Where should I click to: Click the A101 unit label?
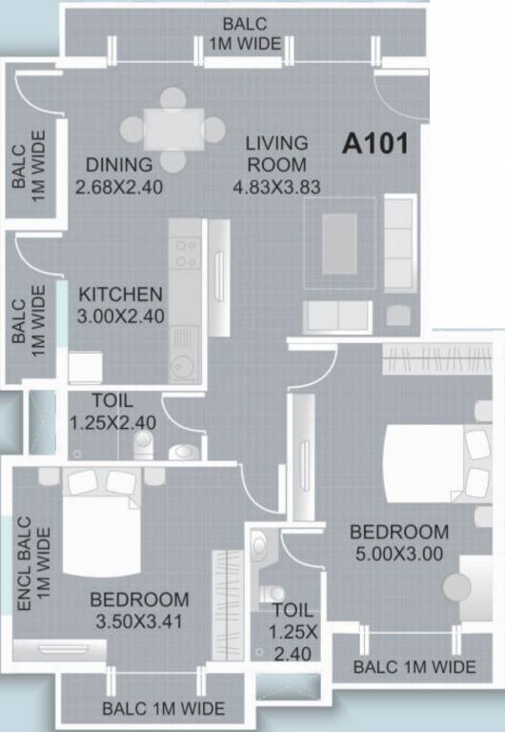point(375,145)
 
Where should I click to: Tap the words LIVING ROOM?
point(276,153)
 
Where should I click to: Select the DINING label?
point(118,164)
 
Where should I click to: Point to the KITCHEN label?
point(120,294)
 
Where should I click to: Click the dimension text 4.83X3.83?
point(276,187)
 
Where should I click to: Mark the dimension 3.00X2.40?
point(120,316)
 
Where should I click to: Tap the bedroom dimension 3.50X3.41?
point(139,622)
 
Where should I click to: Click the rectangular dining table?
point(172,129)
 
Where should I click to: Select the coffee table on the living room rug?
point(339,243)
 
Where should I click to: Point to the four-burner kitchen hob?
point(184,251)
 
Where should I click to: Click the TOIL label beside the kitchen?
point(112,401)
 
